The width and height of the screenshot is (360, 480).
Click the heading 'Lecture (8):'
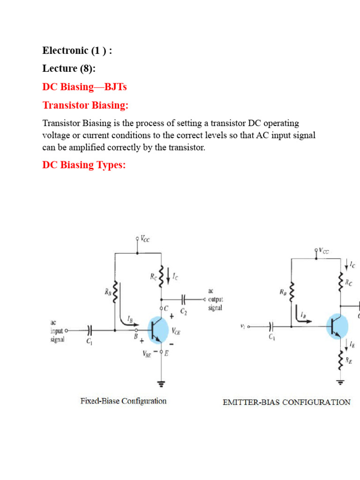[69, 68]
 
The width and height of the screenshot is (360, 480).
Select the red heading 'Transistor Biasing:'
[85, 106]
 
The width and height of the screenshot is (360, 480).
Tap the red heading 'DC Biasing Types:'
[84, 165]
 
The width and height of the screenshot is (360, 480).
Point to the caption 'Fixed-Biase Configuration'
[123, 401]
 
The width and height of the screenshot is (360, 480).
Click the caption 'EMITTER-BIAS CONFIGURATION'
[286, 402]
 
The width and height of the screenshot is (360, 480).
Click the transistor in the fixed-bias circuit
[158, 330]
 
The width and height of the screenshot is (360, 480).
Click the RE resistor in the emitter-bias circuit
[340, 360]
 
